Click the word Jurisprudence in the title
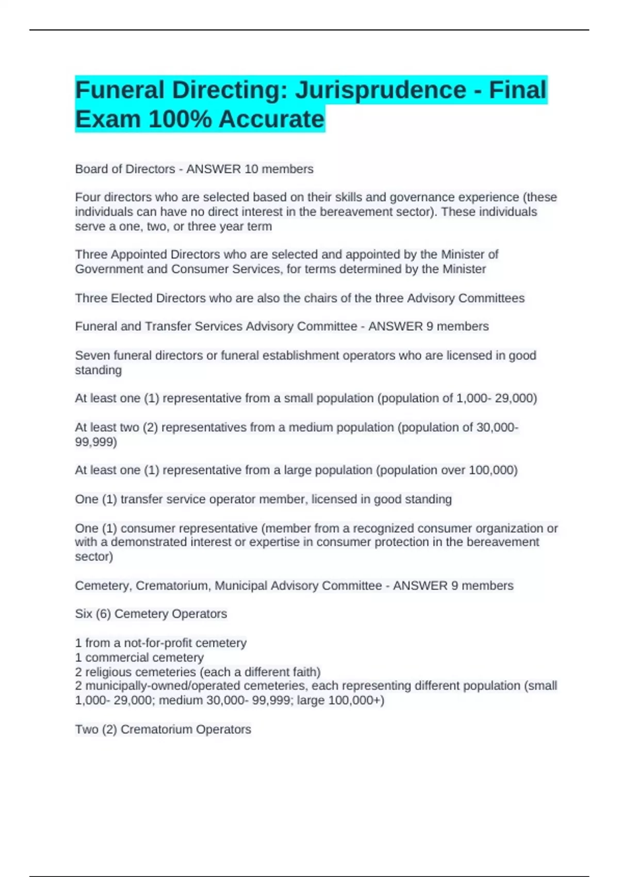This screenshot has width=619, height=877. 380,90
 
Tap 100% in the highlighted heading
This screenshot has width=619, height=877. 180,119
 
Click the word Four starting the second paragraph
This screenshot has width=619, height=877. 88,198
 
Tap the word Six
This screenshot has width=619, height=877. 84,614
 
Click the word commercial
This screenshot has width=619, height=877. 112,658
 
